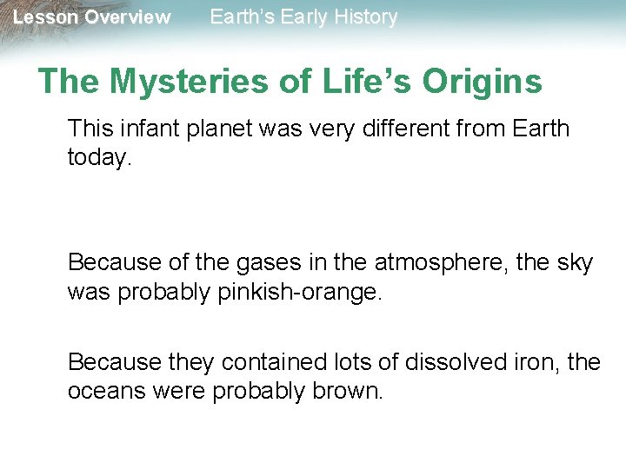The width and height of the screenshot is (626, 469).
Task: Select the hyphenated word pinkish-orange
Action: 296,292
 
